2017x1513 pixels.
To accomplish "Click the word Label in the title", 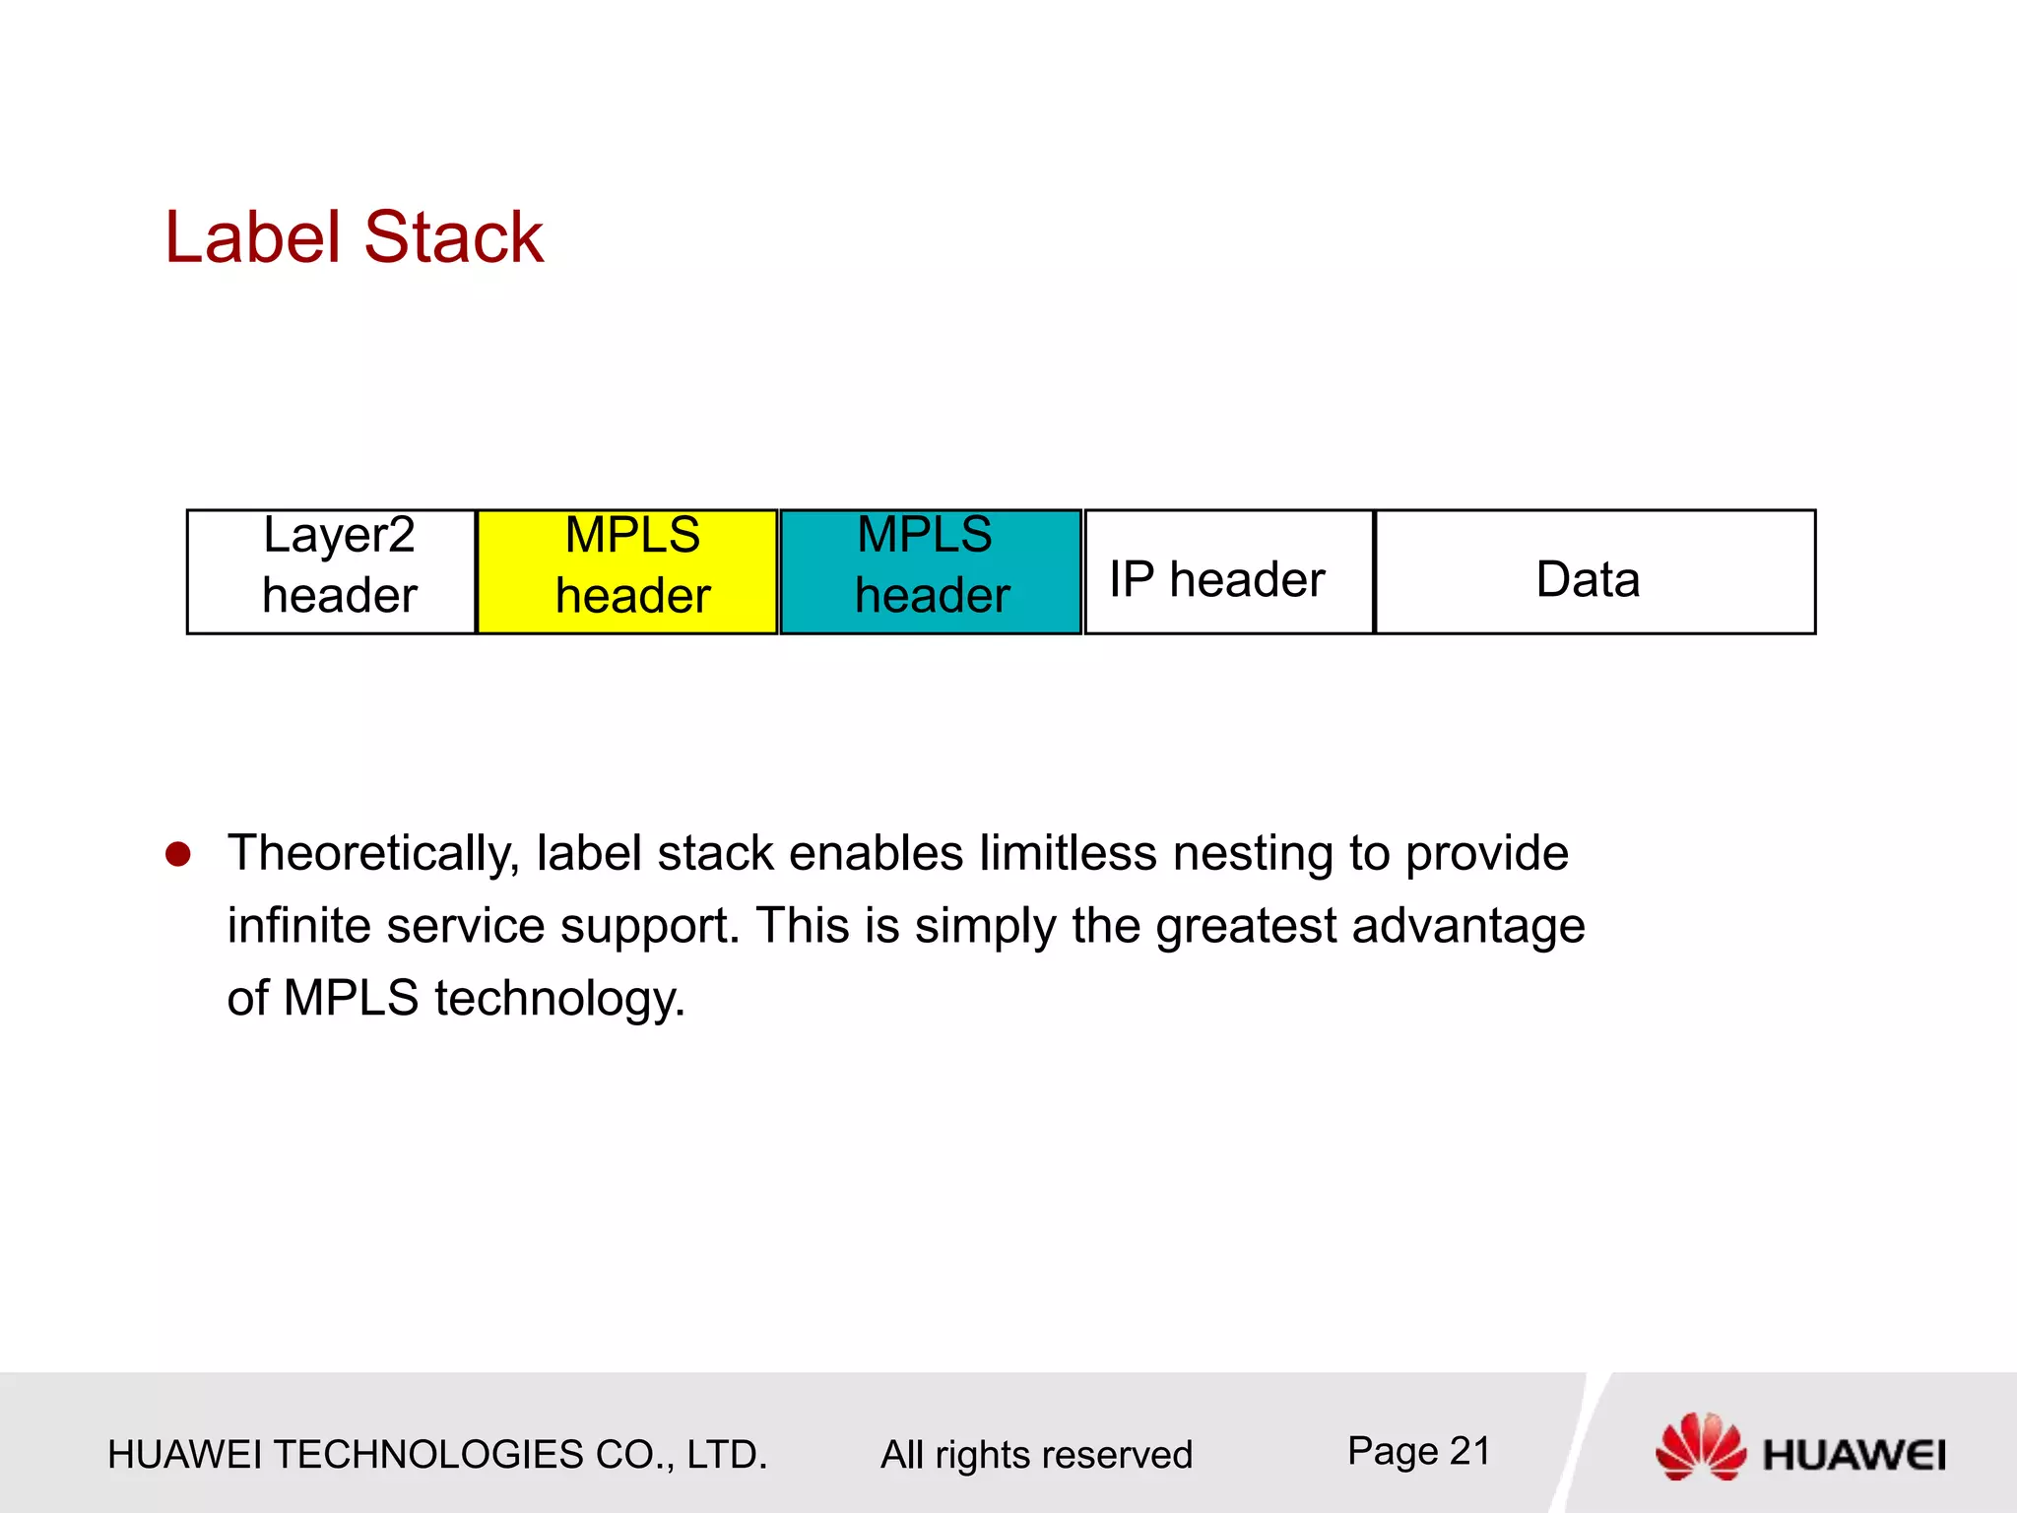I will point(252,237).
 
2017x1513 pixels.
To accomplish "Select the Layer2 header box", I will point(332,571).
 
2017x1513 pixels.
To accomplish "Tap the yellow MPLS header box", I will point(627,571).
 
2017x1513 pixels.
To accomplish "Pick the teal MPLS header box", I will point(931,571).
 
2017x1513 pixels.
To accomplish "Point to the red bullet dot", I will point(178,854).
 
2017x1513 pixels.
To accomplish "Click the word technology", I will point(558,1000).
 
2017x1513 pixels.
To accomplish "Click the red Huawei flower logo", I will point(1700,1446).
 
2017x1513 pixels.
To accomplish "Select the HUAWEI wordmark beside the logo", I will point(1854,1455).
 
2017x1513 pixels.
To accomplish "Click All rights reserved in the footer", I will point(1036,1455).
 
